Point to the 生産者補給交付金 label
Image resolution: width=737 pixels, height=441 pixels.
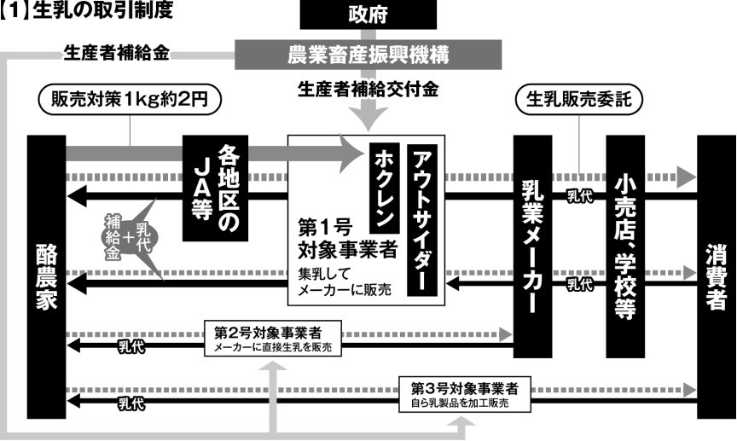tap(368, 89)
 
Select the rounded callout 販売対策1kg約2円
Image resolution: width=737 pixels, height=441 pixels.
tap(130, 100)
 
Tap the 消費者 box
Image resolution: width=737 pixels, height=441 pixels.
tap(716, 277)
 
